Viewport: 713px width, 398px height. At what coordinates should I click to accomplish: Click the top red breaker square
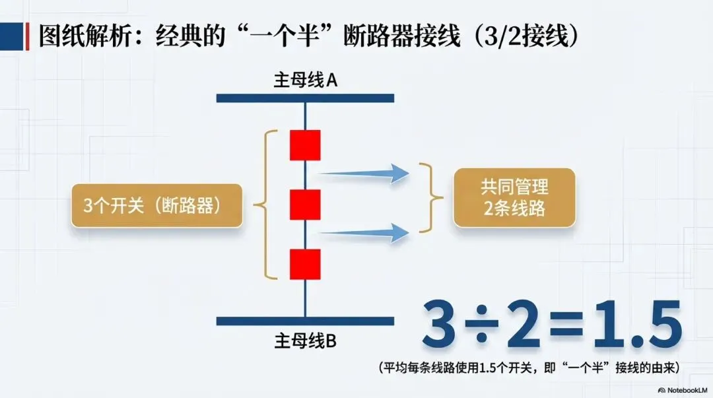coord(305,145)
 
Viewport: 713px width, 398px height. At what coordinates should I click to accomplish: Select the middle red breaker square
coord(305,205)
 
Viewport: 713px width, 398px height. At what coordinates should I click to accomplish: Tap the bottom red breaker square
coord(305,264)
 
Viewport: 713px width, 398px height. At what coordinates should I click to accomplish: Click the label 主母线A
coord(306,81)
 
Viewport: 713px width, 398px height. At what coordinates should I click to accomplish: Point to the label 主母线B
coord(306,341)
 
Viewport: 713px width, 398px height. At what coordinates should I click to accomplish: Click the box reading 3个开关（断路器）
coord(155,205)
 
